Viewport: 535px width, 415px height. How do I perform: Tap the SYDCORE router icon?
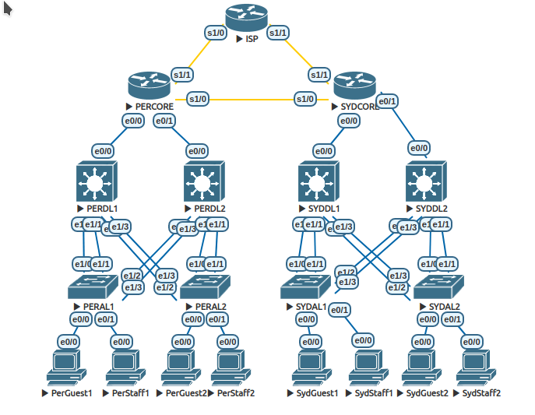[354, 86]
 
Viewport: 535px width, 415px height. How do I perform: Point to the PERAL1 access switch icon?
[92, 287]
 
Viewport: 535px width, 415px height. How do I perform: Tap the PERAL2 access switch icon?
[204, 287]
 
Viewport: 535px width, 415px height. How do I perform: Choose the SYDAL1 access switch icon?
[306, 287]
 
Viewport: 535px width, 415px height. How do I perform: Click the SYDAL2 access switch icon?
[438, 287]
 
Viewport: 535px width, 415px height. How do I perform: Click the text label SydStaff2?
[480, 393]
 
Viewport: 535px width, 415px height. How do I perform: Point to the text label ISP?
[252, 39]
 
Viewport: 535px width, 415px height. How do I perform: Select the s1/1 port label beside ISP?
[278, 33]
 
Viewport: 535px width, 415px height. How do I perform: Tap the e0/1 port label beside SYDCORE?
[387, 100]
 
